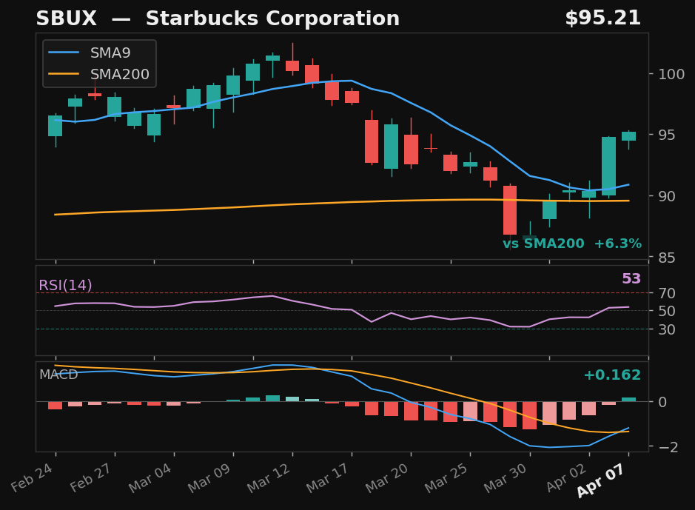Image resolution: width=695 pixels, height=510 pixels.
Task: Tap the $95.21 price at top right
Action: pos(602,19)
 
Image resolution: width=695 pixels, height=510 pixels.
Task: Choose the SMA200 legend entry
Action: pos(119,75)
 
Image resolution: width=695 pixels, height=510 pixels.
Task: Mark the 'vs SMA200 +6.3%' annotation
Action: pos(571,244)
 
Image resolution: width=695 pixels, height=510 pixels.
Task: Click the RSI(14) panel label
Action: pos(65,286)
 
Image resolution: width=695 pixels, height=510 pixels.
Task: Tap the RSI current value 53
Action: pos(631,279)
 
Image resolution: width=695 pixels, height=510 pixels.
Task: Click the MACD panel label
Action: pos(58,375)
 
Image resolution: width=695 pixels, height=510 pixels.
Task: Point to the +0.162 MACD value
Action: pos(611,375)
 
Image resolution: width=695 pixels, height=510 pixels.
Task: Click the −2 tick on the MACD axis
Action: pos(665,447)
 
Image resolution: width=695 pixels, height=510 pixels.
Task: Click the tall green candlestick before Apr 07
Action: pos(609,166)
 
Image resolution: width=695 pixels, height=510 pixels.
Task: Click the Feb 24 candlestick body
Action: pos(56,126)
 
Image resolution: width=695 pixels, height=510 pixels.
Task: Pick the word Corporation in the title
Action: pos(327,19)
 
